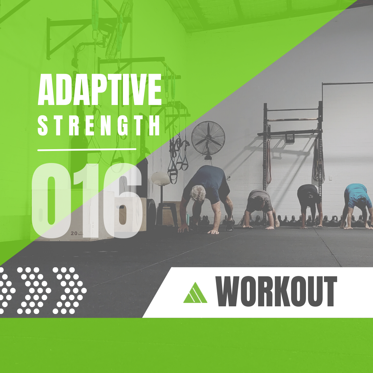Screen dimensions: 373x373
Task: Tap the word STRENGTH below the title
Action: (99, 125)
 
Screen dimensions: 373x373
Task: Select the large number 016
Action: (87, 201)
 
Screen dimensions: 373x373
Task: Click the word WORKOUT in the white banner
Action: (276, 291)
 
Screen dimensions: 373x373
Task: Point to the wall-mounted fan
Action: (208, 139)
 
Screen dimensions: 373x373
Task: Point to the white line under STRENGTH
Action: (87, 150)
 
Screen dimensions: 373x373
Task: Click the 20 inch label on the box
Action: (77, 233)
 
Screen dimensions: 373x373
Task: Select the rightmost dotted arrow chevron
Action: (69, 290)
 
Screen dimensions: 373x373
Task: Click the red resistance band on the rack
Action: (269, 162)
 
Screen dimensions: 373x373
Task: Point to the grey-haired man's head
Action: (198, 193)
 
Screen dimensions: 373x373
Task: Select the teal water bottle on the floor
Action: (188, 219)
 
